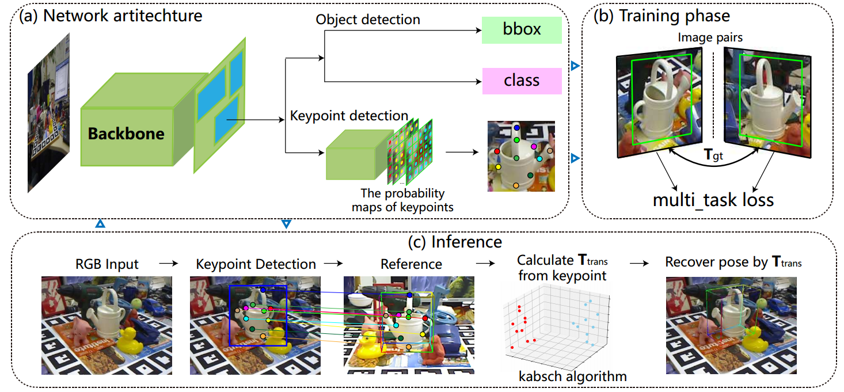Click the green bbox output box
pos(522,29)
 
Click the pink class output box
pos(522,81)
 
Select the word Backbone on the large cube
pos(126,134)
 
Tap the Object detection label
pos(368,20)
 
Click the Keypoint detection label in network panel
pos(349,116)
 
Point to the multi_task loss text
pos(713,200)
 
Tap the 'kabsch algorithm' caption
pos(572,377)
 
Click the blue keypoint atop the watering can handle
pos(516,127)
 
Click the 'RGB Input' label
pos(107,264)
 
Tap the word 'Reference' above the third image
pos(411,264)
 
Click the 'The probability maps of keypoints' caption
pos(402,200)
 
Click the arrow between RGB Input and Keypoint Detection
pos(168,263)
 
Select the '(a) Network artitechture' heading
pos(111,16)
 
